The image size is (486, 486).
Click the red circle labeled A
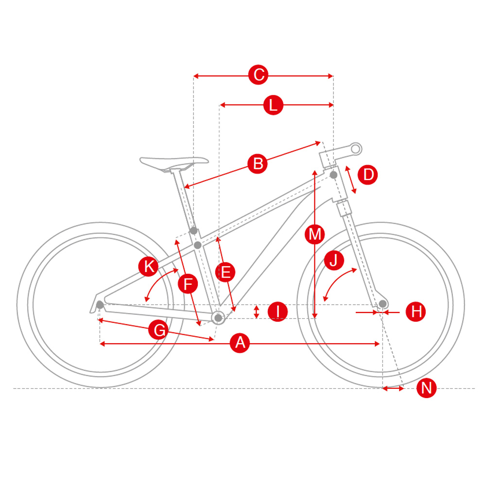pos(240,343)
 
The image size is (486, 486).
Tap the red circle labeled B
pos(258,164)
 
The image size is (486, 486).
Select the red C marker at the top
pos(259,75)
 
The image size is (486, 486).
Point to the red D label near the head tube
pos(367,175)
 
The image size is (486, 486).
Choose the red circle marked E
pos(226,272)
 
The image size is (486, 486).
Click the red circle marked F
pos(188,284)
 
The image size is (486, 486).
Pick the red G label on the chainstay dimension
pos(158,330)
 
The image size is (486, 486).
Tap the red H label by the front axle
pos(416,312)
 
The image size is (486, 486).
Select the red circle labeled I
pos(278,312)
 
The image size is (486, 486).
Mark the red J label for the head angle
pos(334,260)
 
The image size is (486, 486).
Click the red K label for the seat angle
pos(148,266)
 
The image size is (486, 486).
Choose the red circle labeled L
pos(273,105)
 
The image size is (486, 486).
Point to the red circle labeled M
pos(315,234)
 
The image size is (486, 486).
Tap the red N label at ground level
pos(427,388)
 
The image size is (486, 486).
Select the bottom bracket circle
pos(218,318)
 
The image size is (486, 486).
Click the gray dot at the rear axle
pos(100,305)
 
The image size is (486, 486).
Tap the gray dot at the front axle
pos(383,304)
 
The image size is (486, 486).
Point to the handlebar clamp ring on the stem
pos(356,149)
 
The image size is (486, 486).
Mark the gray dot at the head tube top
pos(333,175)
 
